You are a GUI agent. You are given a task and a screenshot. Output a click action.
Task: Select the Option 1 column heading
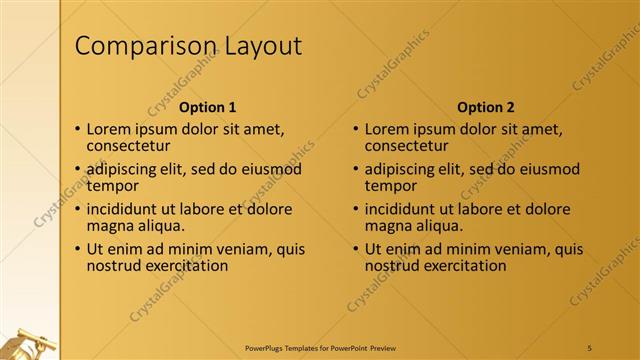[207, 107]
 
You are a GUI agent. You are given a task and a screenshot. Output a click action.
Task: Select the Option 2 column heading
[485, 107]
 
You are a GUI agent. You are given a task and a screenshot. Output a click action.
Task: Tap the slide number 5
[590, 346]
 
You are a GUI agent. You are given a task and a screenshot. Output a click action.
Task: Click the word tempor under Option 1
[112, 186]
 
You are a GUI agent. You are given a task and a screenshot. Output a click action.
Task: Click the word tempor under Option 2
[390, 186]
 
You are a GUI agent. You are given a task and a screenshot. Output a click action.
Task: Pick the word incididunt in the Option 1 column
[124, 210]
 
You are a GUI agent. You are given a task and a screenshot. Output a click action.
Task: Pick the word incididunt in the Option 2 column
[402, 210]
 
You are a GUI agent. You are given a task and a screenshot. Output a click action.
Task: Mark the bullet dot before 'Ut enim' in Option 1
[78, 250]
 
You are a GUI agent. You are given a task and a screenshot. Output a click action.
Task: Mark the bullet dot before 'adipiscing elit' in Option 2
[356, 170]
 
